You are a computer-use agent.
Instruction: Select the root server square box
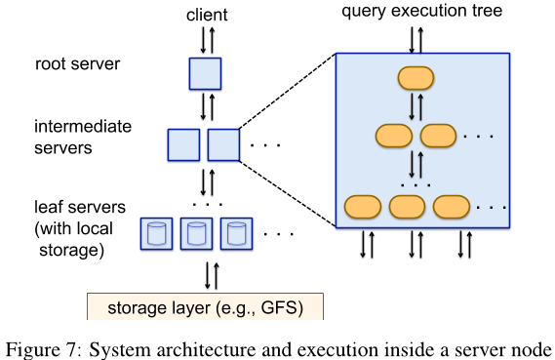(x=205, y=73)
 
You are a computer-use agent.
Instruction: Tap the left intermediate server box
(x=183, y=144)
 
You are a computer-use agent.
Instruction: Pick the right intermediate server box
(x=223, y=144)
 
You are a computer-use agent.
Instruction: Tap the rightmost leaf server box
(x=236, y=232)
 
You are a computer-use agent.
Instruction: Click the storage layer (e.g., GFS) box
(x=205, y=306)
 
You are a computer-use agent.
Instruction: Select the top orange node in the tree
(x=415, y=80)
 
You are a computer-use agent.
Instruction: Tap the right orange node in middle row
(x=437, y=137)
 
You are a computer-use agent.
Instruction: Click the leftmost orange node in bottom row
(x=363, y=207)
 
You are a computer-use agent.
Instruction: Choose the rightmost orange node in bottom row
(x=453, y=207)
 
